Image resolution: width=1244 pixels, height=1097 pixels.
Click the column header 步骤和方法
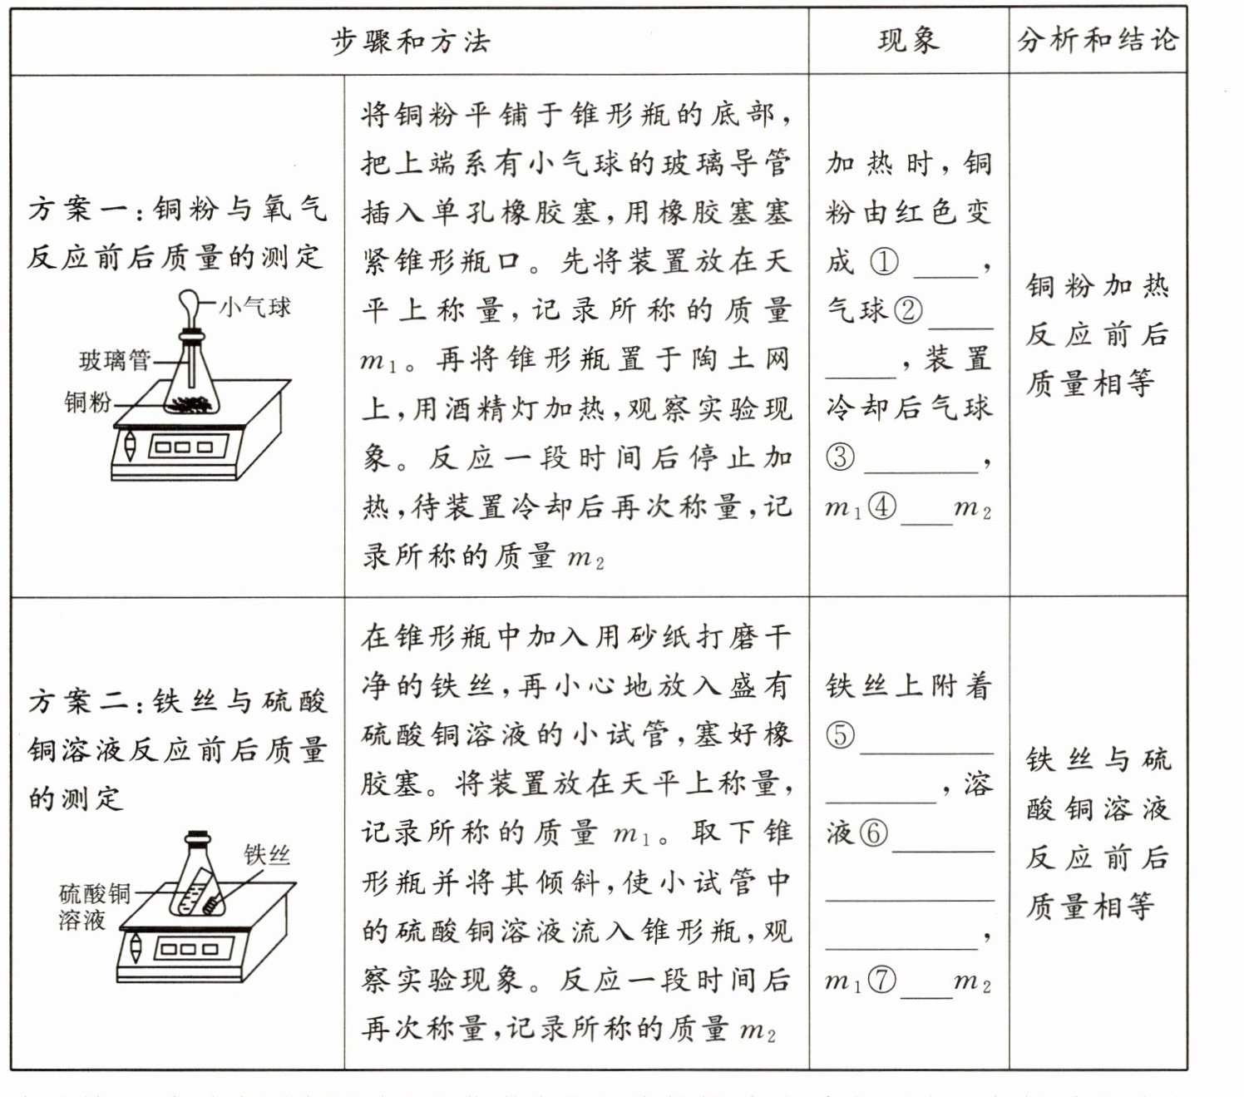tap(410, 41)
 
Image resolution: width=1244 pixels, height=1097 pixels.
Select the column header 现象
tap(908, 40)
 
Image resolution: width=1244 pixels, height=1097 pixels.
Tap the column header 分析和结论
tap(1098, 40)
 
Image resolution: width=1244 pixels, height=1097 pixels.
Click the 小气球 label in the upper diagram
tap(255, 307)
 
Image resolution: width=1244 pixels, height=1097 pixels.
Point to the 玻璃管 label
tap(115, 360)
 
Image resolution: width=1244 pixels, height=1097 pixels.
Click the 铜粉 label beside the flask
tap(88, 403)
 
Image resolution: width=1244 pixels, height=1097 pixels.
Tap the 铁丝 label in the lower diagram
tap(267, 854)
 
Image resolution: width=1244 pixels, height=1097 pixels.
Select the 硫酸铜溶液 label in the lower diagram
tap(95, 907)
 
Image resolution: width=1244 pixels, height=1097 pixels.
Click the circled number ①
tap(884, 262)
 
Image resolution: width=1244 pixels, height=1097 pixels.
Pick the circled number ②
tap(907, 310)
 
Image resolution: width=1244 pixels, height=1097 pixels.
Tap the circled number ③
tap(840, 457)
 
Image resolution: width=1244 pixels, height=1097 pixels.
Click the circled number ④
tap(881, 506)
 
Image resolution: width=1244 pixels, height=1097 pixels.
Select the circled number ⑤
tap(840, 734)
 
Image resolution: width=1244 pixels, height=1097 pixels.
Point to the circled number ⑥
tap(873, 833)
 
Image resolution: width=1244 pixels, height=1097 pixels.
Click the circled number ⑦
tap(881, 980)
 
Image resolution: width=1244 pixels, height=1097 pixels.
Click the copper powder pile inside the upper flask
tap(193, 405)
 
